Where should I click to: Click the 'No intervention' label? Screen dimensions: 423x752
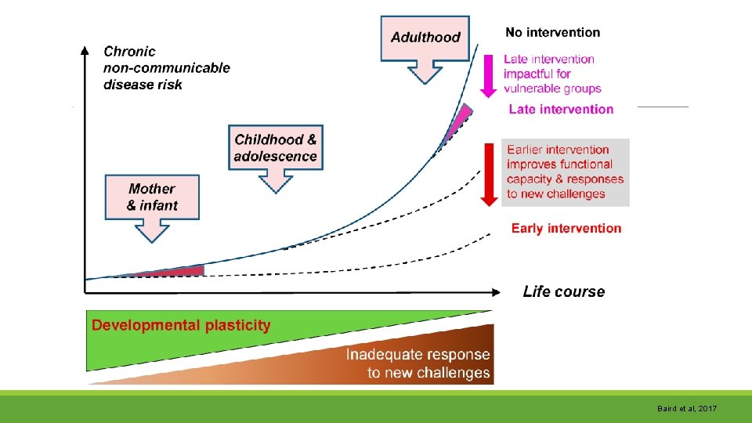pos(552,33)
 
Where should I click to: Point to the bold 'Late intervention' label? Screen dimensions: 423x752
pos(561,109)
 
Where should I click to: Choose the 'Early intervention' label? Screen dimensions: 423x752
pos(566,229)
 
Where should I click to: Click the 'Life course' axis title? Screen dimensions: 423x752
pos(563,291)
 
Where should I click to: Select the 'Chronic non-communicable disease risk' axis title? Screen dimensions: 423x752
pos(166,67)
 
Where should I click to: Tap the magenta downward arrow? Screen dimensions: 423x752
pos(488,74)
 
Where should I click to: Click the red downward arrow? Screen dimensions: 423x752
pos(489,174)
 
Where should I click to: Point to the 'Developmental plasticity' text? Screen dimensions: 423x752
pos(181,325)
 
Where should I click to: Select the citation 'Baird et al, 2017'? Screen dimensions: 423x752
pos(687,409)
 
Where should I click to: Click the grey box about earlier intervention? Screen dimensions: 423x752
pos(566,172)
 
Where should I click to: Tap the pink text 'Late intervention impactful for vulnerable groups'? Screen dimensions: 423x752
pos(551,74)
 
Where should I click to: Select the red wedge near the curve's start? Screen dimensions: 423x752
pos(174,271)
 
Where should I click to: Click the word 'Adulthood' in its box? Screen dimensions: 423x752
pos(425,37)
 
